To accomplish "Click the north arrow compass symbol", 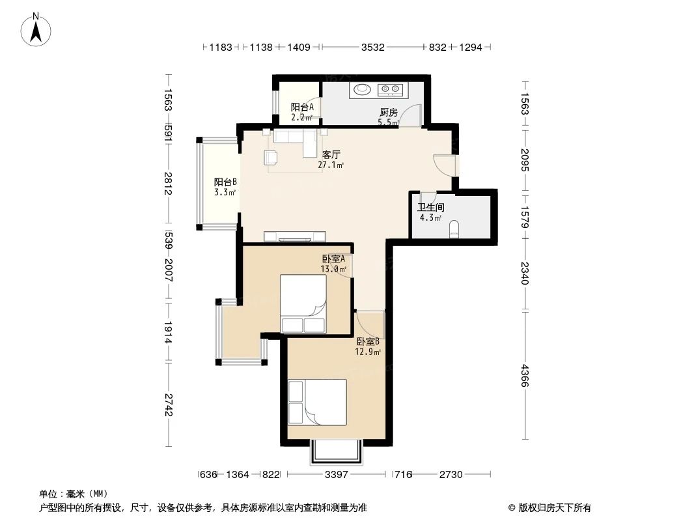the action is (36, 30).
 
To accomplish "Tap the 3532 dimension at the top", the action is (372, 47).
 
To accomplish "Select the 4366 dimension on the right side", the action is (525, 375).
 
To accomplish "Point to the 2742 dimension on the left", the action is (168, 404).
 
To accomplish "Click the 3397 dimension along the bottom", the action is (337, 475).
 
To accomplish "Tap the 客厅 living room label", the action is (331, 154).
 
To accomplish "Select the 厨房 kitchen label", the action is (388, 113).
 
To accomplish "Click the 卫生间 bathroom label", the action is (430, 207).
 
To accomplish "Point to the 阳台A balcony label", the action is (302, 107).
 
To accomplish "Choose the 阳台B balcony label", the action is (225, 182).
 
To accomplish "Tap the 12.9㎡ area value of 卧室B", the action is (368, 352).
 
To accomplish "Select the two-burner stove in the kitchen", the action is (391, 90).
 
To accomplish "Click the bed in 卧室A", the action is (303, 303).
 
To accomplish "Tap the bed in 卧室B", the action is (317, 402).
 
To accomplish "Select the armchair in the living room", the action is (271, 158).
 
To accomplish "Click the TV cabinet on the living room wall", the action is (295, 237).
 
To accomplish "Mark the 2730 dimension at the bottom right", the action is (451, 475).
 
